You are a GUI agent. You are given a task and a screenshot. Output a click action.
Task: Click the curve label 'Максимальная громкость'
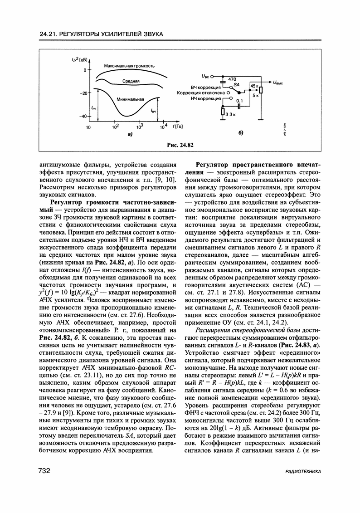129,66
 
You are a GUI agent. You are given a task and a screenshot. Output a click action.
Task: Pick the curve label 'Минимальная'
130,99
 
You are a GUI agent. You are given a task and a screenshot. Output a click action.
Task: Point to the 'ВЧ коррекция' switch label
206,86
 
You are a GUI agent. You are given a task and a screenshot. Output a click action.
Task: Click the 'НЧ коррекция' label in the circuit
206,98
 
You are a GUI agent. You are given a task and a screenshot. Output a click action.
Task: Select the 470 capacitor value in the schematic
232,79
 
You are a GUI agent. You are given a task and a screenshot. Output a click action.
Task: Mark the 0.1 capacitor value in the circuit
239,101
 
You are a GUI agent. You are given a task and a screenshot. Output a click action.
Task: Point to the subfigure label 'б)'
241,133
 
